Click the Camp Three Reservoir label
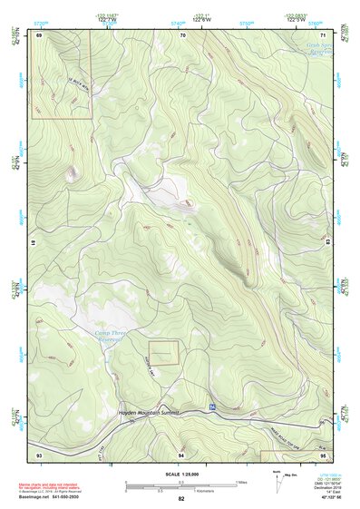pyautogui.click(x=115, y=337)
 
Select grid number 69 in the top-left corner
pyautogui.click(x=39, y=34)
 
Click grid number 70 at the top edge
pyautogui.click(x=183, y=34)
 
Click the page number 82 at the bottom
pyautogui.click(x=181, y=499)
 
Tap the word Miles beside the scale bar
pyautogui.click(x=242, y=481)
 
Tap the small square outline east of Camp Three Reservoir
pyautogui.click(x=164, y=353)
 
